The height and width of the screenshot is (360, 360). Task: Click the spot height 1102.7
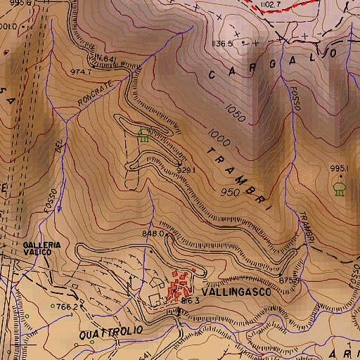pos(270,5)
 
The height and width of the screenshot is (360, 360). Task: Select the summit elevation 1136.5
pos(222,44)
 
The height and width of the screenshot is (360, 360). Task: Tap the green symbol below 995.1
pos(340,188)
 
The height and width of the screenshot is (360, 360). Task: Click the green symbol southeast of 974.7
pos(146,134)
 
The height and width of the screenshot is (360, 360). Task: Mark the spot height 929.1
pos(186,170)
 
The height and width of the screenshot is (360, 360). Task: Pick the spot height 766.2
pos(66,307)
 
